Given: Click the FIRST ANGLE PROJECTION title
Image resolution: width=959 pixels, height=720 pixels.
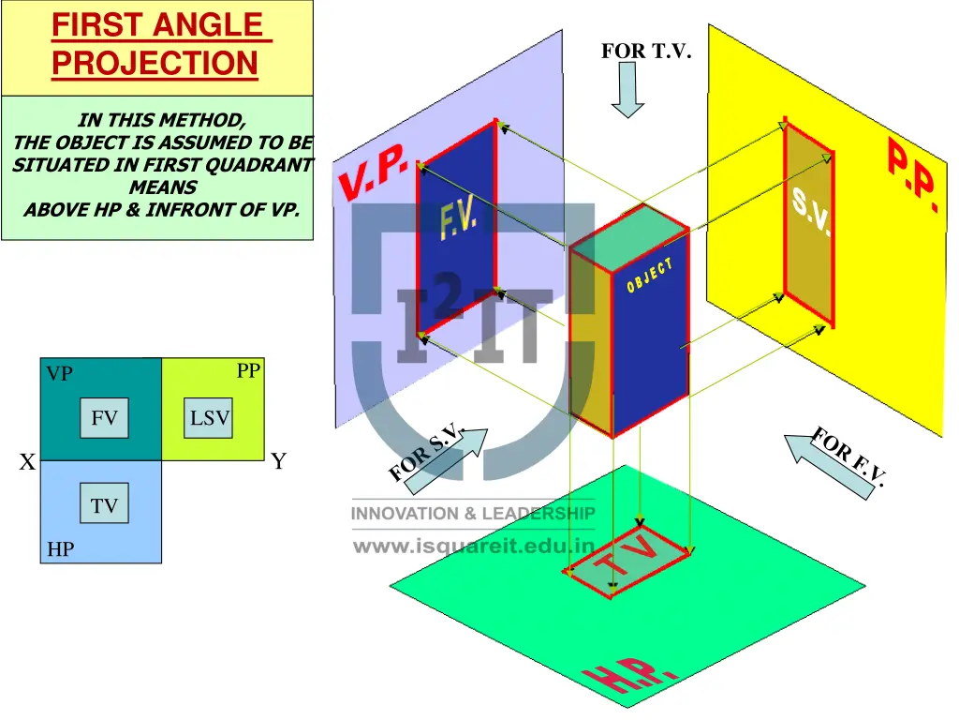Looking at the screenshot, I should tap(156, 43).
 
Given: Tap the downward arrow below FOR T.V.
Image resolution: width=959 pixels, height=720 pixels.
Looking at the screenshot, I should tap(627, 90).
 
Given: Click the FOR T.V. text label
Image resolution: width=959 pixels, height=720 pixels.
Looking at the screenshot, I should tap(646, 52).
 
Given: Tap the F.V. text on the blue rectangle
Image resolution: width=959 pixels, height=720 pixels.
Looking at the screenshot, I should tap(459, 221).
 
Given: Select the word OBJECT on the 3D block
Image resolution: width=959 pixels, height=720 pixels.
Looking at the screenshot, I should tap(650, 277).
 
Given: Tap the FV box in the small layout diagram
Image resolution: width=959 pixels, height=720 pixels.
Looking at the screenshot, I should tap(104, 418).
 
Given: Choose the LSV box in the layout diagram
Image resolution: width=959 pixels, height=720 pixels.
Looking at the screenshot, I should tap(209, 418).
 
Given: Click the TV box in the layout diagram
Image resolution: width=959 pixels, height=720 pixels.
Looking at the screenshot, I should tap(104, 506).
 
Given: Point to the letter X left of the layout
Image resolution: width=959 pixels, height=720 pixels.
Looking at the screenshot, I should tap(28, 462).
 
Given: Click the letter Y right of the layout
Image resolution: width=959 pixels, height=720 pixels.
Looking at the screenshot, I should tap(278, 461).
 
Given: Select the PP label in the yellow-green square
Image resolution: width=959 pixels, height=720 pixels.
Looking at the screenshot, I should tap(248, 371).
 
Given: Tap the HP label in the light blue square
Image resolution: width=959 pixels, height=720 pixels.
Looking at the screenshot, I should tap(60, 549).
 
